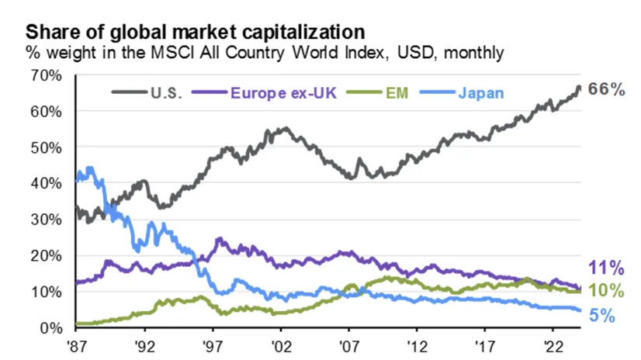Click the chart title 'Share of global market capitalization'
[196, 33]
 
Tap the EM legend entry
[393, 93]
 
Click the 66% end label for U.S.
[607, 89]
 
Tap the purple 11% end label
[607, 269]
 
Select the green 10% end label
[607, 291]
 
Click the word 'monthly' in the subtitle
[476, 54]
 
